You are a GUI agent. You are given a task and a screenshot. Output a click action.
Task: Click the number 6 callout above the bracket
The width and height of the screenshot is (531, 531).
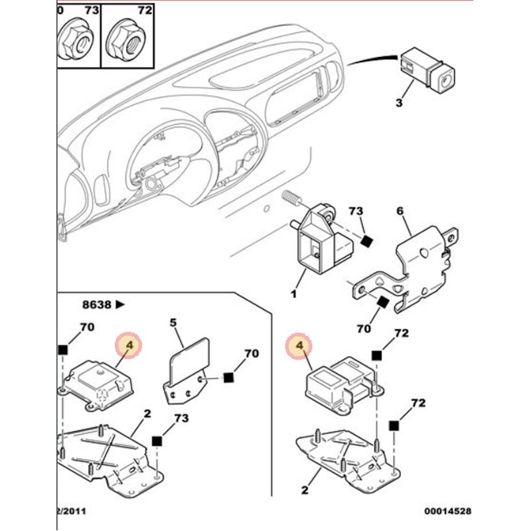(x=400, y=210)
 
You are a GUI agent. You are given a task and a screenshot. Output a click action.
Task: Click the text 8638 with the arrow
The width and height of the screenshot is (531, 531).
(x=102, y=305)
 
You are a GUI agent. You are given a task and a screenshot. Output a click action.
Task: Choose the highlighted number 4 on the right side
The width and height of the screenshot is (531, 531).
(x=299, y=346)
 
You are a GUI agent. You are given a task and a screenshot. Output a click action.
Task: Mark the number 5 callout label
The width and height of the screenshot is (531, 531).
(x=173, y=323)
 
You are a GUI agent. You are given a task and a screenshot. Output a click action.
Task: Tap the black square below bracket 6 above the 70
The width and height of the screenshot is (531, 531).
(x=382, y=303)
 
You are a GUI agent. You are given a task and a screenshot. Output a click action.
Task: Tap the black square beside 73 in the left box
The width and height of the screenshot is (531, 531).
(x=157, y=441)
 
